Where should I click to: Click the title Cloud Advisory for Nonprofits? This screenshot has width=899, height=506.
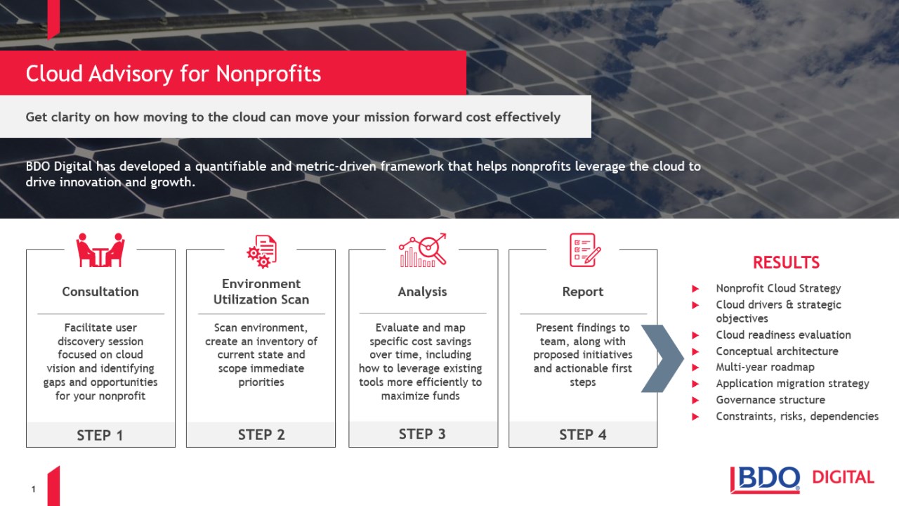(173, 74)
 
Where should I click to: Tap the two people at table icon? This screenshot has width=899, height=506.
(100, 249)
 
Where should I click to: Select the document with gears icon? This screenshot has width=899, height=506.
(262, 252)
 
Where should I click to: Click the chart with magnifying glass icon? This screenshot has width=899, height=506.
(423, 249)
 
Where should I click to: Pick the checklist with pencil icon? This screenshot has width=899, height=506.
(585, 249)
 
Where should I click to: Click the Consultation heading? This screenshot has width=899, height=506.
(100, 292)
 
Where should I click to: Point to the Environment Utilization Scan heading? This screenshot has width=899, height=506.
(261, 292)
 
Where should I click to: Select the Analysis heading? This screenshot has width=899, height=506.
(422, 292)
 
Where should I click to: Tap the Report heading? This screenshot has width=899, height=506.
(583, 292)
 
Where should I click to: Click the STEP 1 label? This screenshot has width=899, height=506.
(100, 435)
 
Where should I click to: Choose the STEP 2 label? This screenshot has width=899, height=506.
(261, 435)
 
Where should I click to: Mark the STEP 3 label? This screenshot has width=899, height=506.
(422, 434)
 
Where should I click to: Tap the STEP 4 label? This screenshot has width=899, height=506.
(583, 435)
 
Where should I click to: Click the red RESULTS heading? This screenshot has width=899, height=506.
(786, 263)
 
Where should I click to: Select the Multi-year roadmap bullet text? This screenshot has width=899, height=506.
(766, 367)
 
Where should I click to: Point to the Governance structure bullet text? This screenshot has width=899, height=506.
(770, 400)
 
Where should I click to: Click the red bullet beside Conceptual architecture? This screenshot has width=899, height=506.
(695, 352)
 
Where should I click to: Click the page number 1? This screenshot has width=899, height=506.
(33, 489)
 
